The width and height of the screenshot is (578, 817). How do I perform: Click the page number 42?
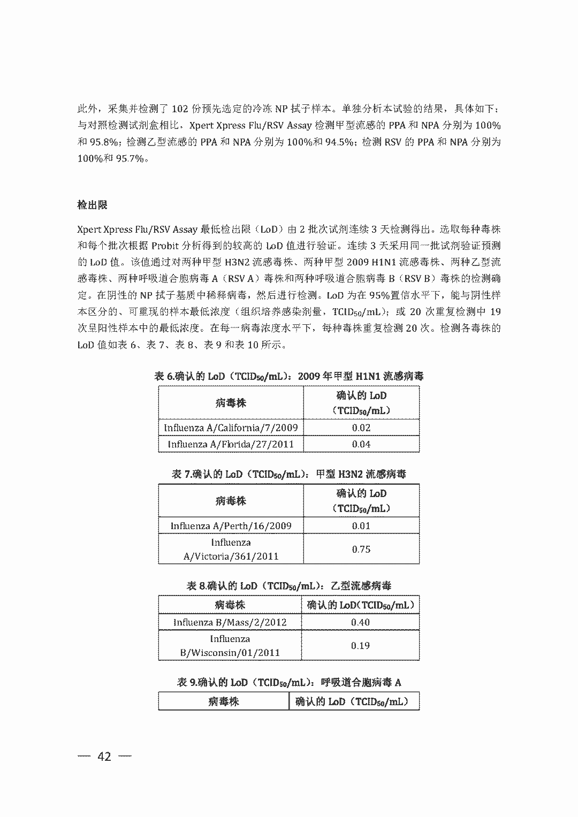[104, 756]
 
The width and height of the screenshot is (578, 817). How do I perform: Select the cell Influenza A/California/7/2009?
[231, 427]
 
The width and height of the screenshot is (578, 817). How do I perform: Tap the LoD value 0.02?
[361, 427]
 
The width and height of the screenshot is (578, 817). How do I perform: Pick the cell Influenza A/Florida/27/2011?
[231, 444]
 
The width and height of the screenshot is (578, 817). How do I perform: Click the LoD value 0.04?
[361, 444]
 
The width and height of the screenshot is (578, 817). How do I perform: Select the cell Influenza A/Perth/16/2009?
[231, 525]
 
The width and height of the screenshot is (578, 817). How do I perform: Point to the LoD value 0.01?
[361, 525]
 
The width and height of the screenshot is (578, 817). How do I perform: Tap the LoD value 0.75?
[361, 549]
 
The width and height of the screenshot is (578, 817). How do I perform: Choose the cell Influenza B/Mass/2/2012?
[230, 622]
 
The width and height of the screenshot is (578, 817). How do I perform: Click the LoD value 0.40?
[360, 622]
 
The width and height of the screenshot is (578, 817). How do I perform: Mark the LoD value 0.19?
[360, 645]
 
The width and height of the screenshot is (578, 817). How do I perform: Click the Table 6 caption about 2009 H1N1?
[289, 376]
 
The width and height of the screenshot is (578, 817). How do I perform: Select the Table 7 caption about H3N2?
[289, 474]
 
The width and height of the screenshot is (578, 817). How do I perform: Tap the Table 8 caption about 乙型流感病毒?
[289, 586]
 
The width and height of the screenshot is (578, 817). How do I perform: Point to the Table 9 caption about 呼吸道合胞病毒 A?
[289, 682]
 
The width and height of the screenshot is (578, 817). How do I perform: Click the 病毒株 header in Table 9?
[223, 701]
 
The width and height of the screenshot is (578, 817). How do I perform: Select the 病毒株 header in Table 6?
[231, 403]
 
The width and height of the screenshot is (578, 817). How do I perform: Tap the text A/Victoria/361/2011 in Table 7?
[231, 556]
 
